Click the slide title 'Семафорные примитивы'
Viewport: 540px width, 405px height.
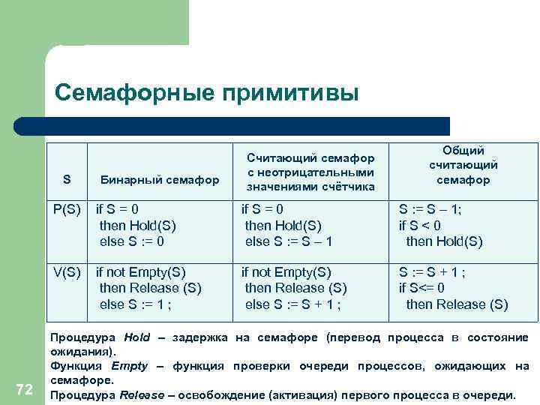click(207, 93)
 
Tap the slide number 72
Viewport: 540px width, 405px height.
click(24, 388)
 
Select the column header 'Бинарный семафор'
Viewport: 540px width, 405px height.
click(160, 180)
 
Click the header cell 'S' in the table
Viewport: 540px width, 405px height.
click(67, 179)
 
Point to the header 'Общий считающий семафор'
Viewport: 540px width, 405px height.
click(463, 165)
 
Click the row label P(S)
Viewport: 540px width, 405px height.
click(66, 209)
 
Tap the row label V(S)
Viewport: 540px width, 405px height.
click(67, 271)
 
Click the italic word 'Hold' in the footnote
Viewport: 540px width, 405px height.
click(137, 337)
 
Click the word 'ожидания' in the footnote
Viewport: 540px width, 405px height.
click(81, 351)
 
